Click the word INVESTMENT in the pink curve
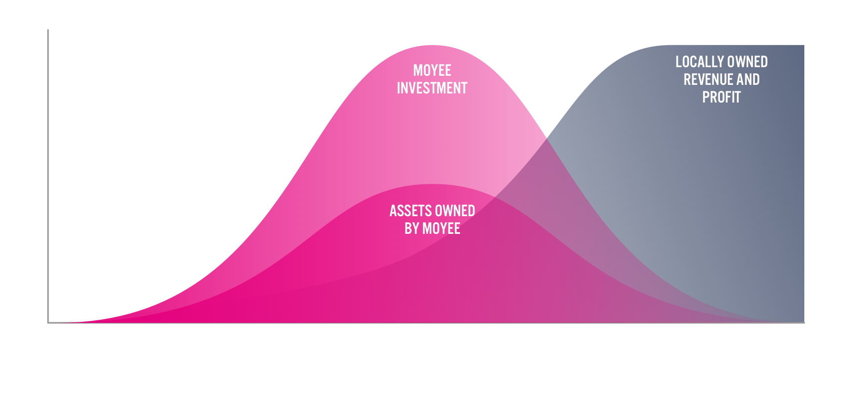point(432,88)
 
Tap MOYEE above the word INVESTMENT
point(432,71)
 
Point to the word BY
point(412,229)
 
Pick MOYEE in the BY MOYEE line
point(441,229)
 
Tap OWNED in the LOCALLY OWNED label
point(747,62)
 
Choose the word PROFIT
point(721,97)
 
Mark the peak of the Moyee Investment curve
point(433,45)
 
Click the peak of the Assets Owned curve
point(433,184)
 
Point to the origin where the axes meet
point(48,323)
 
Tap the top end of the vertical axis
point(48,29)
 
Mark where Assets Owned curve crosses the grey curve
point(495,197)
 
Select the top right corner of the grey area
point(804,45)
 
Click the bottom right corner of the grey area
point(804,322)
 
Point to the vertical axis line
point(48,176)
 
